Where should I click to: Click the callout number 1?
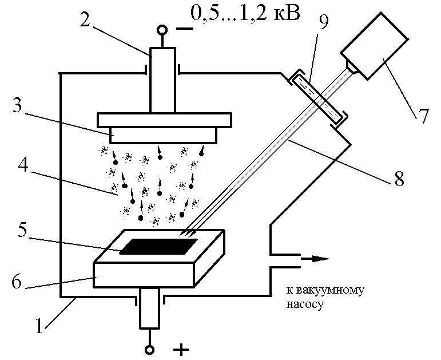[39, 325]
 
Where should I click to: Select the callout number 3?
[17, 105]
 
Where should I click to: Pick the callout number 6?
[17, 280]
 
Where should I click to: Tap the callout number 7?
[423, 116]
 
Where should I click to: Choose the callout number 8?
[399, 177]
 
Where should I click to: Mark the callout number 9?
[324, 21]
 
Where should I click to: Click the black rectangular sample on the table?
[158, 246]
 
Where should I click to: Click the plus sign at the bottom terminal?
[181, 350]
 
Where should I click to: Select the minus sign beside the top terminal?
[185, 29]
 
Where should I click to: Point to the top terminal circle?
[162, 30]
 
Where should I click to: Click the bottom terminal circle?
[149, 350]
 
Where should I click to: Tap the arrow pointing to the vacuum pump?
[315, 258]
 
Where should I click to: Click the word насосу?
[304, 304]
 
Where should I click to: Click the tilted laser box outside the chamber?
[374, 46]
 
